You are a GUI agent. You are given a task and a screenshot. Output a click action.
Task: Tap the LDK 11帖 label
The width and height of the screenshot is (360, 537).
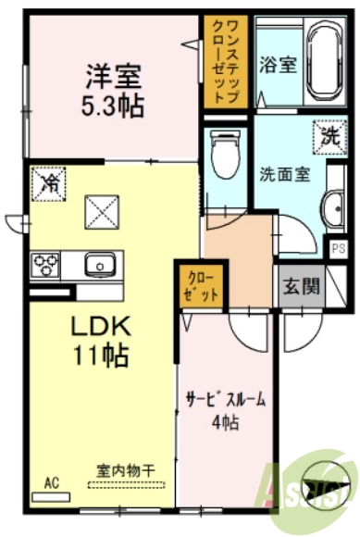click(x=101, y=340)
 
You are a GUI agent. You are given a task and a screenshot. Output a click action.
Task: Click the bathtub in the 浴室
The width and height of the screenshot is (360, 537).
click(x=323, y=63)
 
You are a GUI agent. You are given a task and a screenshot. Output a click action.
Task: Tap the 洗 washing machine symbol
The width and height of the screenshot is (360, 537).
click(x=329, y=134)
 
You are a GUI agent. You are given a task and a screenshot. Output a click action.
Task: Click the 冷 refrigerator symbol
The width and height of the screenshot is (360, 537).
click(x=47, y=183)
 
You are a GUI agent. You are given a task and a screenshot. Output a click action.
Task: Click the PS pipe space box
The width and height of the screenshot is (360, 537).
click(x=338, y=247)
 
